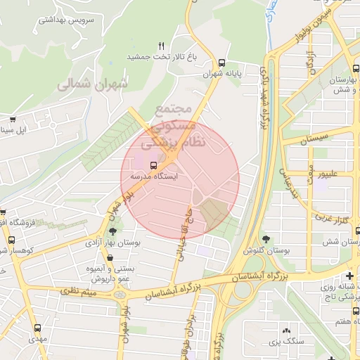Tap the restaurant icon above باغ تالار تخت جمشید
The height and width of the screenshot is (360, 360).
(x=162, y=46)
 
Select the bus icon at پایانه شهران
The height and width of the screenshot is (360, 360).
(x=223, y=62)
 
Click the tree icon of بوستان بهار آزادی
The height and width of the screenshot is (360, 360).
(x=112, y=231)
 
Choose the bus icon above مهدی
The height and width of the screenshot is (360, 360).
(x=39, y=328)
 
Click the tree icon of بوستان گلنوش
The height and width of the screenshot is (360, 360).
(x=265, y=240)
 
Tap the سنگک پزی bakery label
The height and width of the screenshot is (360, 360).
(x=285, y=342)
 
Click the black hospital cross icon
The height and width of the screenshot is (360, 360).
(x=349, y=275)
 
